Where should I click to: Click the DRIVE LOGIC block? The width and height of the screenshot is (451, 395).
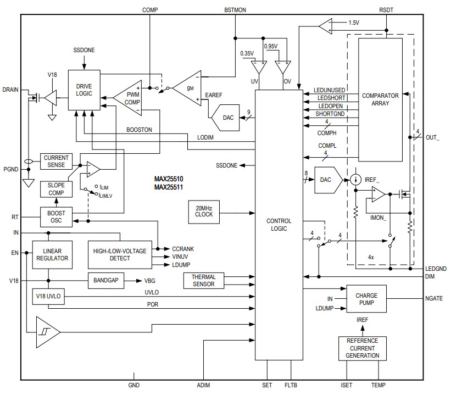pos(85,90)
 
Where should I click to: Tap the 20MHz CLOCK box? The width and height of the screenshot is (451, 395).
pos(204,211)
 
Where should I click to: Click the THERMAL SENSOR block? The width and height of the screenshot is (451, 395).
pos(204,280)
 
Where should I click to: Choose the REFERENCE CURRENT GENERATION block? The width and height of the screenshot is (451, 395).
pos(362,348)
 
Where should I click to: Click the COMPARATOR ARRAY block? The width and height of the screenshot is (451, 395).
pos(380,99)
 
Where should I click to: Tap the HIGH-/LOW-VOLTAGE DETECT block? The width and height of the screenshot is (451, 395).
pos(120,254)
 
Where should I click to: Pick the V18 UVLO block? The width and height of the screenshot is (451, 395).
pos(48,296)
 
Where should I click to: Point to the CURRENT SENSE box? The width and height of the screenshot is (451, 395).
pos(56,161)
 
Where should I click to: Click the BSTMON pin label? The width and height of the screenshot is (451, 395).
pos(235,10)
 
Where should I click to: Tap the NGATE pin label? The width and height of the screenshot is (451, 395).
pos(435,298)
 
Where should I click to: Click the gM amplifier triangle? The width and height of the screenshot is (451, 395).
pos(187,87)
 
